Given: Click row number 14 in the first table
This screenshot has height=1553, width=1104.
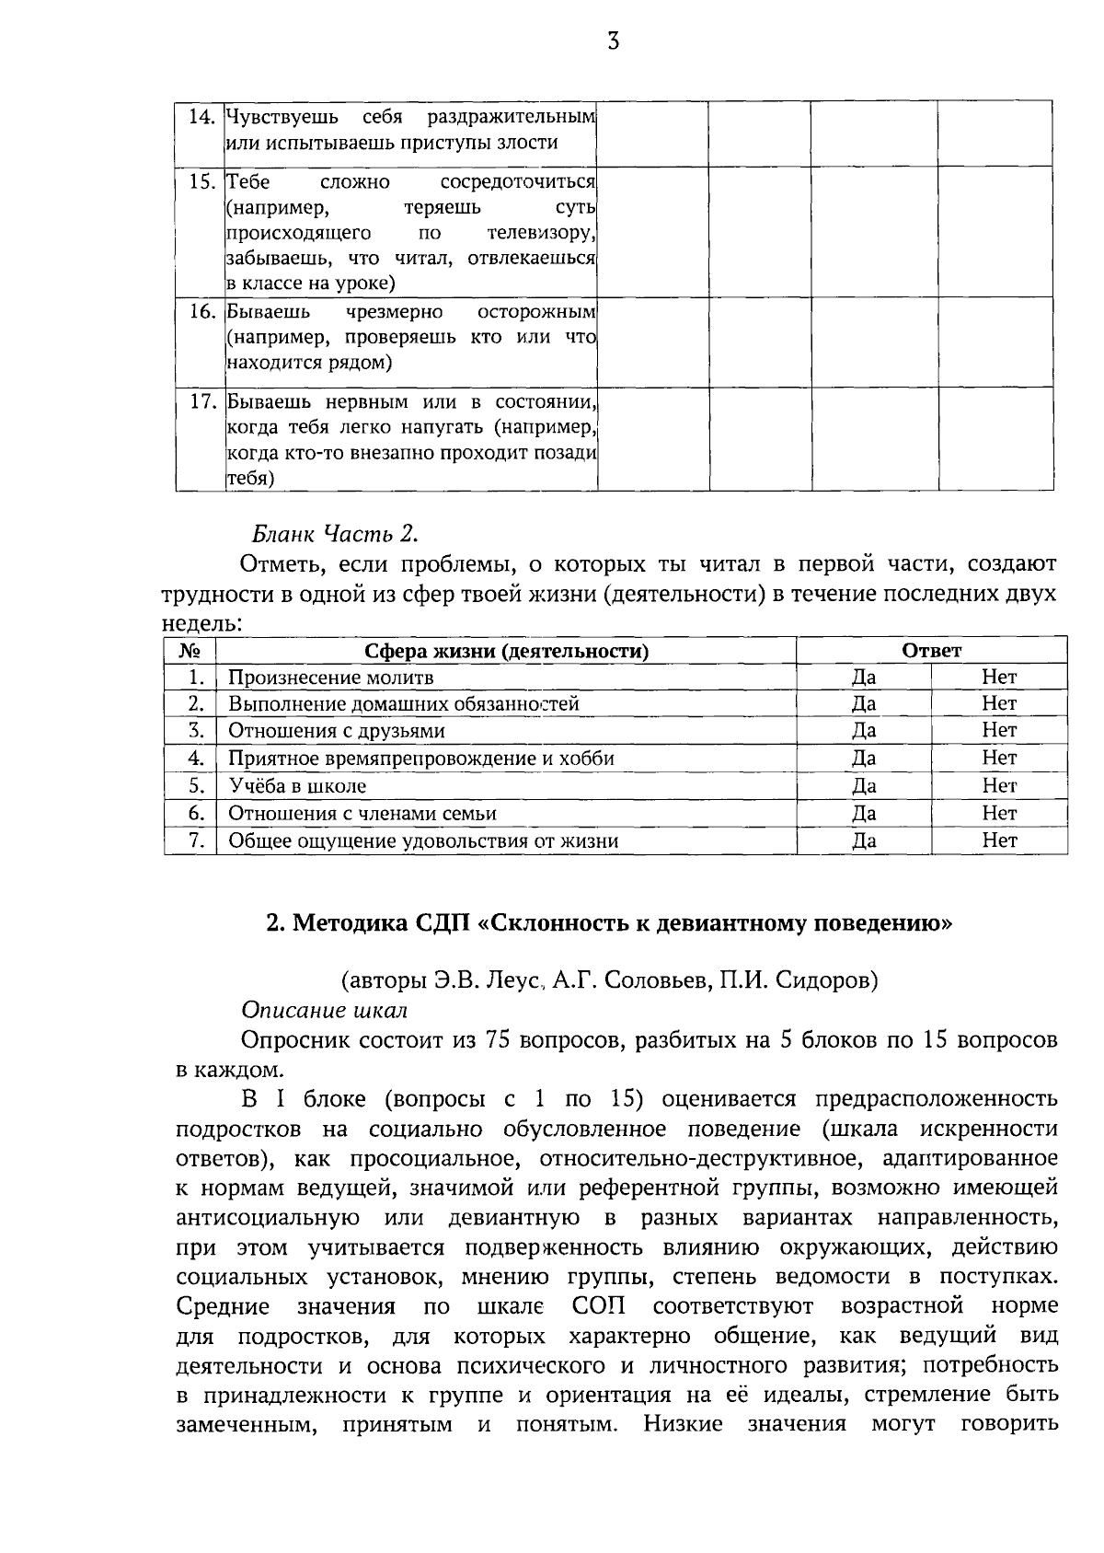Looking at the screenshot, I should pyautogui.click(x=201, y=117).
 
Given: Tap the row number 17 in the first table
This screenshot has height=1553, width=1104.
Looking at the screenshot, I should pyautogui.click(x=201, y=402).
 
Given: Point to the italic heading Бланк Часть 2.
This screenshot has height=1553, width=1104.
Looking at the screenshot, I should pyautogui.click(x=334, y=533).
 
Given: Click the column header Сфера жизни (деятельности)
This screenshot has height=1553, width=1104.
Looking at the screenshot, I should pyautogui.click(x=506, y=651).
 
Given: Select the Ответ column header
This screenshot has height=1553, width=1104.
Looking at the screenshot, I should pyautogui.click(x=931, y=651).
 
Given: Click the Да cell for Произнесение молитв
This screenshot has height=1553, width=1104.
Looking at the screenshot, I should pyautogui.click(x=863, y=678).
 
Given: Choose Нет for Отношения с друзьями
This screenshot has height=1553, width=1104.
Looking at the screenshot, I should pyautogui.click(x=999, y=731).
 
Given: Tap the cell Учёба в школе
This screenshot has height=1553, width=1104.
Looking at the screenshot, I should pyautogui.click(x=297, y=786).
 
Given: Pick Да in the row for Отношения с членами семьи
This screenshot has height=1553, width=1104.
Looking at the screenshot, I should pyautogui.click(x=863, y=813).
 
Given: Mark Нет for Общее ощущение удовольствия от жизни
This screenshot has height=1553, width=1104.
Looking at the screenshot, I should pyautogui.click(x=999, y=840).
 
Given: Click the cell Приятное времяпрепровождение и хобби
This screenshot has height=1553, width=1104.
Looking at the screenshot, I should pyautogui.click(x=420, y=759).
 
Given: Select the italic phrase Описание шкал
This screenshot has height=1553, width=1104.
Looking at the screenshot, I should pyautogui.click(x=324, y=1010).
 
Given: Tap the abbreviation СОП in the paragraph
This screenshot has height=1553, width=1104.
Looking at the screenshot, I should pyautogui.click(x=599, y=1306).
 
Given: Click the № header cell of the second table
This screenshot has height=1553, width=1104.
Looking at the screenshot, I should pyautogui.click(x=190, y=651).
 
